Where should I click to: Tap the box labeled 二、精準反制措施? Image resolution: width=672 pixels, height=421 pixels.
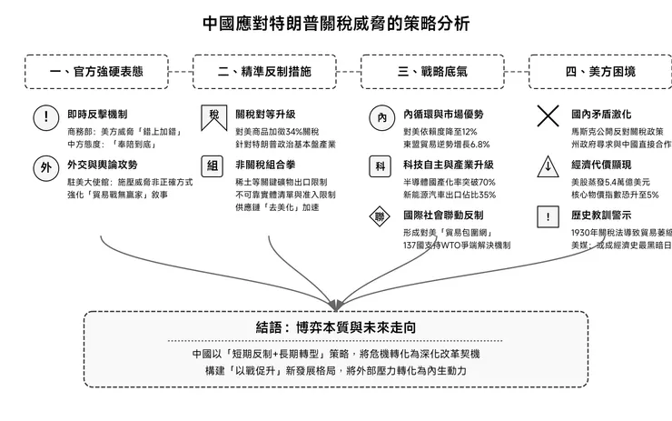(264, 71)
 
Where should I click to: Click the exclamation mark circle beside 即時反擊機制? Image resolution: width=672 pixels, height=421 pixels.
(45, 117)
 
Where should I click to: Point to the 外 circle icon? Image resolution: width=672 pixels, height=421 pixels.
(45, 167)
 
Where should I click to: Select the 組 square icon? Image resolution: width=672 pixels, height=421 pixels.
(213, 166)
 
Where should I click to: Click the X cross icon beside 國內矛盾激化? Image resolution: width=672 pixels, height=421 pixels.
(548, 116)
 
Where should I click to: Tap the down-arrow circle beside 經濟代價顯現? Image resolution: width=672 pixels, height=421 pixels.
(548, 167)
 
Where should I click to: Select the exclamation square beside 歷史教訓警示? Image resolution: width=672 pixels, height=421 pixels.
(548, 217)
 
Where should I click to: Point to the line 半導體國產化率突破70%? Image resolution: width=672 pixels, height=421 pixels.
(449, 181)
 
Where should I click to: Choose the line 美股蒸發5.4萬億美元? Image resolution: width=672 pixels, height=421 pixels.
(613, 181)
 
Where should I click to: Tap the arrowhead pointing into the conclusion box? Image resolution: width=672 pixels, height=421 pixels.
(337, 304)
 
